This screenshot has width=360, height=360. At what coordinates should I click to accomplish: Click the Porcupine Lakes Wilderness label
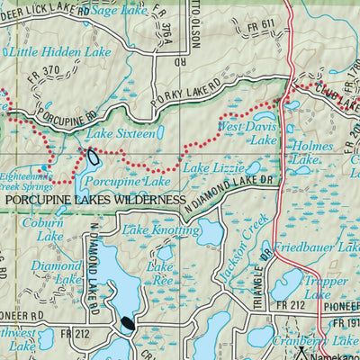pos(94,199)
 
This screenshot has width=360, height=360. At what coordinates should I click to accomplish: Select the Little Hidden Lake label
pos(61,52)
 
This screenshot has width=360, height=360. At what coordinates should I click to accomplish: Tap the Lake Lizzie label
pos(208,168)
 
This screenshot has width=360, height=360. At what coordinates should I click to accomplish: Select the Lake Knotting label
pos(161,231)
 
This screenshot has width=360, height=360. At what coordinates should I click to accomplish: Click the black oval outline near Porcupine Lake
pos(93,158)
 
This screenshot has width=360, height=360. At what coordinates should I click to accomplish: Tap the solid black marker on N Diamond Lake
pos(128,323)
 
